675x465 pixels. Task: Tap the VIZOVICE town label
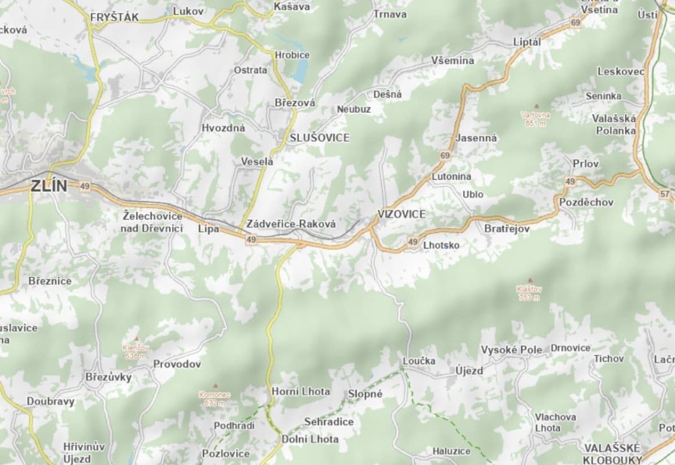(x=401, y=214)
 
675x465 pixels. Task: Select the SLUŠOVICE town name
(x=319, y=138)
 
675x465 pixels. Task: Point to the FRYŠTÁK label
(x=114, y=17)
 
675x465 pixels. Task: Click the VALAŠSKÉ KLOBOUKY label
(x=612, y=453)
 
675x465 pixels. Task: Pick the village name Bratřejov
(x=507, y=229)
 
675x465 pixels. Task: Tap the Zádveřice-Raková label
(x=291, y=223)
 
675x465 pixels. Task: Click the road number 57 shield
(x=665, y=195)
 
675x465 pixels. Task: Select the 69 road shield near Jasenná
(x=445, y=155)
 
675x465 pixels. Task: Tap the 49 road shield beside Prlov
(x=570, y=182)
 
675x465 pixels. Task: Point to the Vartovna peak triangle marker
(x=536, y=106)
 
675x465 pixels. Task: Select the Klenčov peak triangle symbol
(x=137, y=339)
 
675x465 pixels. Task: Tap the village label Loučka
(x=419, y=361)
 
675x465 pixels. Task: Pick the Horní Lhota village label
(x=300, y=391)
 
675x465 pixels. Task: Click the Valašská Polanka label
(x=614, y=124)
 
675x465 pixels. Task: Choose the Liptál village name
(x=527, y=42)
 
